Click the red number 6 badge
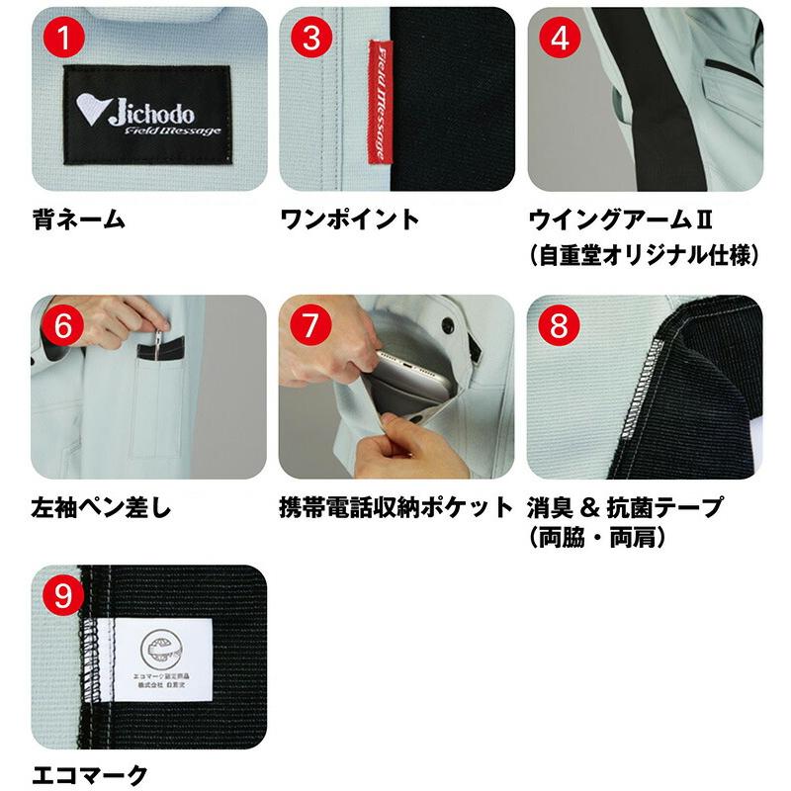(x=64, y=327)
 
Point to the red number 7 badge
(x=311, y=327)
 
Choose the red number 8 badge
(x=560, y=327)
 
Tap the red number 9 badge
(x=64, y=596)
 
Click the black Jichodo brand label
(x=148, y=117)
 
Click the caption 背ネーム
(x=79, y=220)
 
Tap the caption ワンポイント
(x=350, y=220)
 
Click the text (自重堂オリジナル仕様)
(x=644, y=255)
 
